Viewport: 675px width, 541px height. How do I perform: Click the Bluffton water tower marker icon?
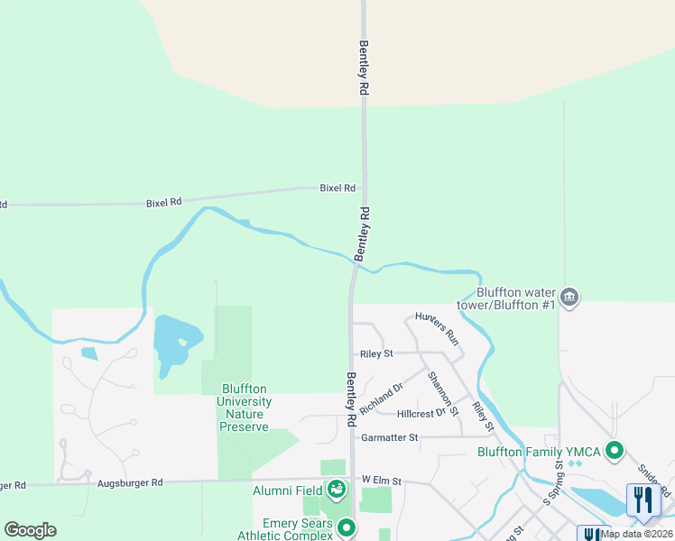coord(569,297)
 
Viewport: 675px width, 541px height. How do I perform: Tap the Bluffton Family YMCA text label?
coord(540,452)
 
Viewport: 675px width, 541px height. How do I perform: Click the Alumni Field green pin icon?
coord(337,490)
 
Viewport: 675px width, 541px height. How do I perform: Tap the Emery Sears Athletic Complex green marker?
coord(345,527)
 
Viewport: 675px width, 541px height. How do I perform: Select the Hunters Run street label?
coord(438,329)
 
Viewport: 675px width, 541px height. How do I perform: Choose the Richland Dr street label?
coord(381,398)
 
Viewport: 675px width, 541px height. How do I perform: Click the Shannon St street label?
coord(444,393)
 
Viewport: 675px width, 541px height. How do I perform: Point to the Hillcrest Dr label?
coord(422,413)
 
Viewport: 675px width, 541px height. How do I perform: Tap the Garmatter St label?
coord(389,437)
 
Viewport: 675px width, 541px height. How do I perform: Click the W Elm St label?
coord(380,480)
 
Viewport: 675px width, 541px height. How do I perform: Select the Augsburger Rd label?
coord(132,483)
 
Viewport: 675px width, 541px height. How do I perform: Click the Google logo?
coord(30,530)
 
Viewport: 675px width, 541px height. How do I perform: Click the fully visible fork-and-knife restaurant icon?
coord(643,500)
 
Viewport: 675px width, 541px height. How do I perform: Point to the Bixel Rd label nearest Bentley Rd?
coord(337,188)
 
